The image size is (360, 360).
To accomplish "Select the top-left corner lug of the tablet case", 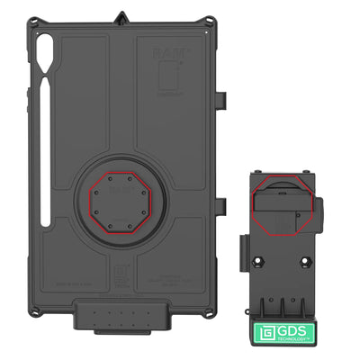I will (33, 22).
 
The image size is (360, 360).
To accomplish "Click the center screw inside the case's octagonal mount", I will (120, 193).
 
